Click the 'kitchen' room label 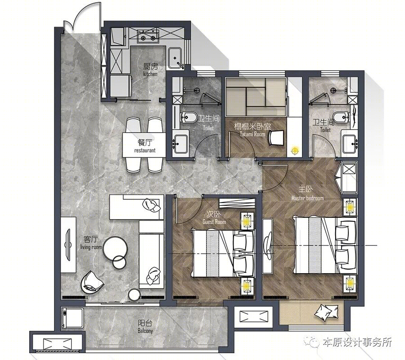point(150,74)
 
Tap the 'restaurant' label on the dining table point(144,150)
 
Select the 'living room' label point(91,247)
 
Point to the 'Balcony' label point(145,331)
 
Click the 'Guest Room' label point(214,222)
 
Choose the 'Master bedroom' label point(307,198)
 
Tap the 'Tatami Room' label point(252,134)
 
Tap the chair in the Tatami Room point(276,138)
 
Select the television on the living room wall point(68,244)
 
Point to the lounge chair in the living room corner point(92,282)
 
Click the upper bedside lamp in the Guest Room point(247,221)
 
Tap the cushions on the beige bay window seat point(326,312)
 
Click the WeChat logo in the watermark point(313,342)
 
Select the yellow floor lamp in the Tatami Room point(294,151)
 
